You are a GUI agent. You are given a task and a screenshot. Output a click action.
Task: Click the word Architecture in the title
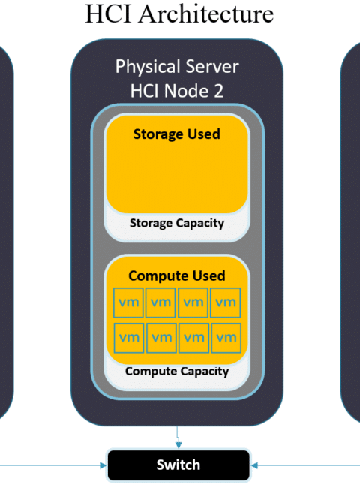click(x=206, y=14)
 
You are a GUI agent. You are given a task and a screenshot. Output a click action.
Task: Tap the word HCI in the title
click(x=108, y=14)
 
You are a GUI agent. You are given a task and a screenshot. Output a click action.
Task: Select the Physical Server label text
click(x=177, y=67)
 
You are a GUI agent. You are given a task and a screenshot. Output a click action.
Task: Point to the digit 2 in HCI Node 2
click(x=218, y=91)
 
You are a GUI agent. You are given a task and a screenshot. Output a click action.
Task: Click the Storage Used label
click(x=177, y=134)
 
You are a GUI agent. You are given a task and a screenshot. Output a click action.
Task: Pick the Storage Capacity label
click(x=177, y=223)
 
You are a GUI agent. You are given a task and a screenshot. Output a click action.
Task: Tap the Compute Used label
click(x=177, y=276)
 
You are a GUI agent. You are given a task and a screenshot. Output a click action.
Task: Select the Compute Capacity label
click(x=177, y=371)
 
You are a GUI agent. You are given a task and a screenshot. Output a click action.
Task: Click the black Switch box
click(x=178, y=465)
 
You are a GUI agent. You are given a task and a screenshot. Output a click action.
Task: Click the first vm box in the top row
click(x=128, y=303)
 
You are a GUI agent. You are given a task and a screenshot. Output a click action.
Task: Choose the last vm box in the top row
click(x=226, y=303)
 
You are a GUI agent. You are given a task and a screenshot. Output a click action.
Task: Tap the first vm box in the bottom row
click(x=129, y=338)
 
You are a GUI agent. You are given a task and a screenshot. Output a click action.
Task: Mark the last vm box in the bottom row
click(x=226, y=338)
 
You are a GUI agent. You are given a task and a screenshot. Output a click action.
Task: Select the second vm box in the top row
click(x=160, y=303)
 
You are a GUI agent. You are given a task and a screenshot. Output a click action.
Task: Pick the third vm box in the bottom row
click(x=193, y=338)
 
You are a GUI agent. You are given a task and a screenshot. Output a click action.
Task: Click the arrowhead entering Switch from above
click(x=178, y=445)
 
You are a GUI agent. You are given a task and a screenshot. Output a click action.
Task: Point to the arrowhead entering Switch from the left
click(x=103, y=465)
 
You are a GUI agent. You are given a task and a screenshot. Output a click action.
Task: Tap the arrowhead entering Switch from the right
click(x=254, y=465)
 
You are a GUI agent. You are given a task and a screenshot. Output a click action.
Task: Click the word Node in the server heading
click(x=185, y=91)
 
